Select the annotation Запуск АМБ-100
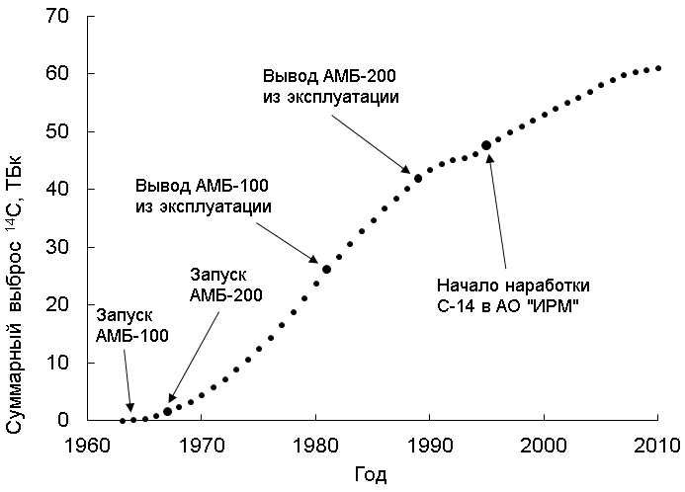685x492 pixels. pos(131,325)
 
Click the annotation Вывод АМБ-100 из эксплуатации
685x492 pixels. pos(203,197)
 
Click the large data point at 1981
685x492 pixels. pos(326,269)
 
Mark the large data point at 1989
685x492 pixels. pos(418,179)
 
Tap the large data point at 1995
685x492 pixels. pos(486,145)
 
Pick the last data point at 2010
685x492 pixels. pos(657,68)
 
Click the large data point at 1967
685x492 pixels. pos(167,411)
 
